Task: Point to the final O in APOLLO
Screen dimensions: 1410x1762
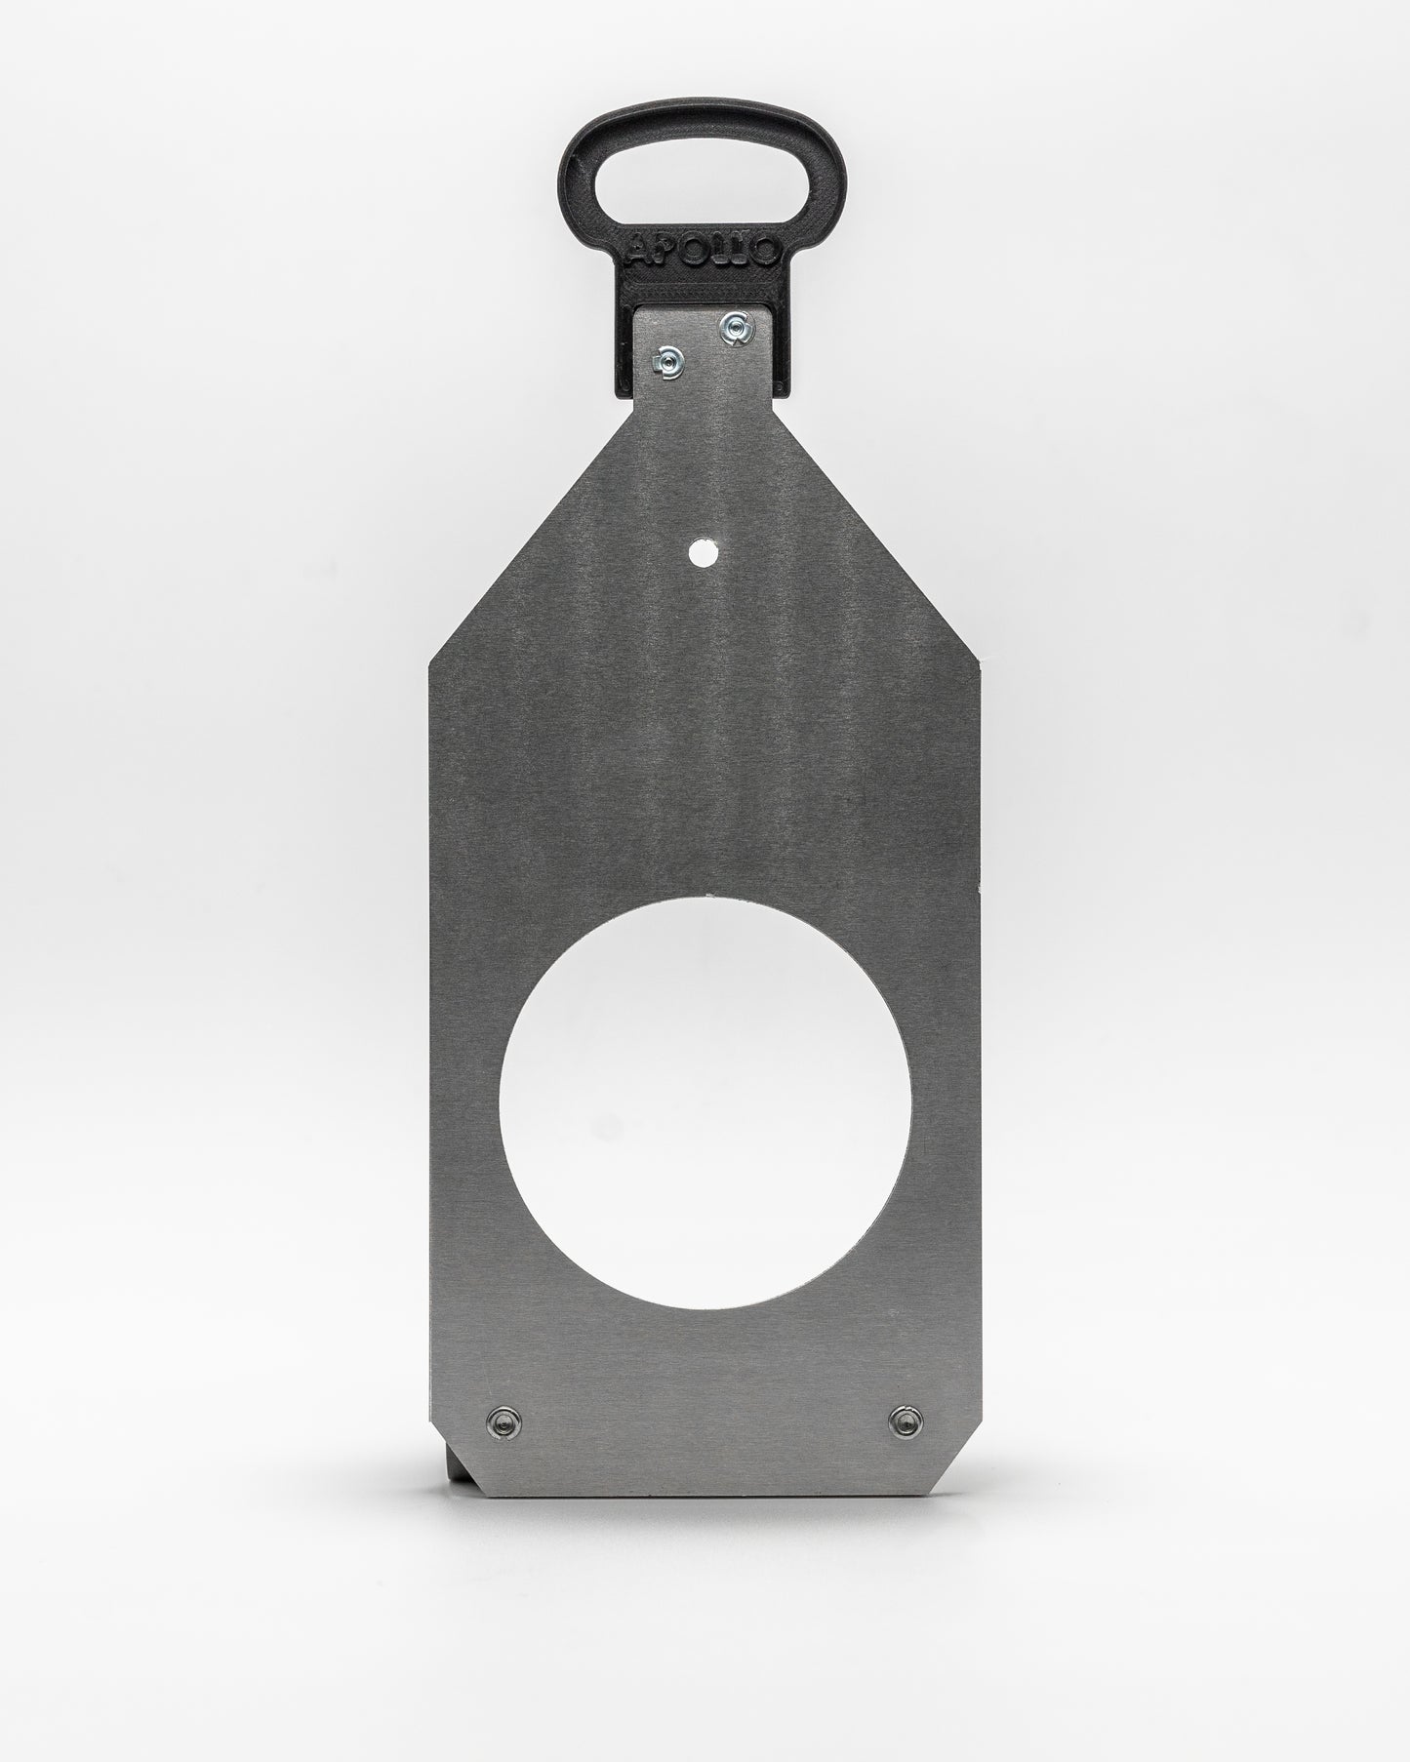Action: tap(767, 252)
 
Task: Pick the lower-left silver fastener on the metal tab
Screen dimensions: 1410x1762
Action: tap(669, 361)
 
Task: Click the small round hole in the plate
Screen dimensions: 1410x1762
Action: tap(700, 554)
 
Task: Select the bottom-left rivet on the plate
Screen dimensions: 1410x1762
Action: tap(504, 1420)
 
